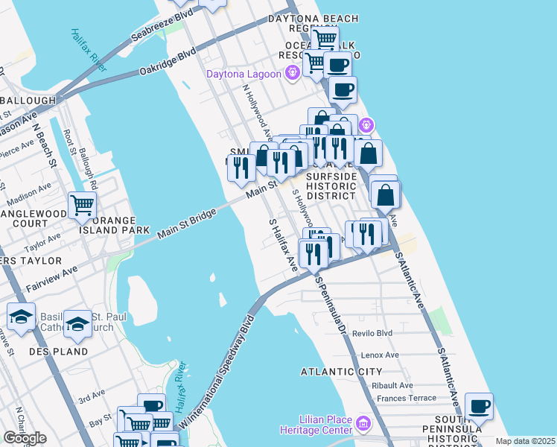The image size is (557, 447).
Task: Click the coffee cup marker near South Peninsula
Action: point(479,407)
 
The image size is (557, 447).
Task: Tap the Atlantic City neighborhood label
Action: point(342,371)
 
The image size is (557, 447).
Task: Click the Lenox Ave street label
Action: point(376,355)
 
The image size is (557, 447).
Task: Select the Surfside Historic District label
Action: point(331,185)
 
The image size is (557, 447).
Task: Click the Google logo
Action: point(25,438)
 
